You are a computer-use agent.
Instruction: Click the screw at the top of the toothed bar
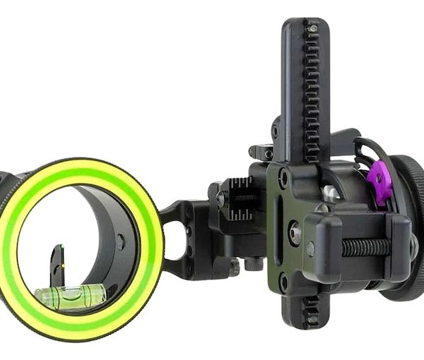click(312, 28)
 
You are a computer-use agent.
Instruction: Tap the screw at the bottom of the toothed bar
click(310, 319)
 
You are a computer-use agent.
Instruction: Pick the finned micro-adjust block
click(239, 193)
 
